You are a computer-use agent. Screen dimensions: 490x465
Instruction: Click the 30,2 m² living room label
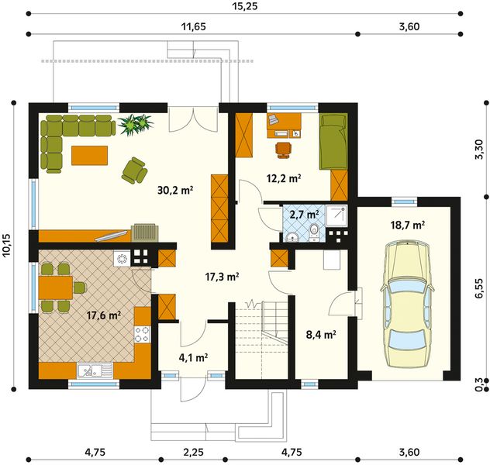coord(175,190)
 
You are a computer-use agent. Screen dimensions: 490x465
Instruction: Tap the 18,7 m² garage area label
coord(408,225)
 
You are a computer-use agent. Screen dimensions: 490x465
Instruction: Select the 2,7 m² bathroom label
coord(304,215)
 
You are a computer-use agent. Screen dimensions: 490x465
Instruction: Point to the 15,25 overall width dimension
coord(245,6)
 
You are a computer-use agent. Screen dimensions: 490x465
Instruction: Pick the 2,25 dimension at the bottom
coord(193,452)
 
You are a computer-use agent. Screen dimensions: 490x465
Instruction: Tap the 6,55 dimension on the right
coord(479,288)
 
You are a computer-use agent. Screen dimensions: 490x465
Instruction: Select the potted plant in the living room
coord(136,124)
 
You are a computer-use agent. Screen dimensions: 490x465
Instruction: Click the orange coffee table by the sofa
coord(89,155)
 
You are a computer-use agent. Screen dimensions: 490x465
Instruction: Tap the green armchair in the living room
coord(134,170)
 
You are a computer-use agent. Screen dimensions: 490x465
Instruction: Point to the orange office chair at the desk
coord(284,150)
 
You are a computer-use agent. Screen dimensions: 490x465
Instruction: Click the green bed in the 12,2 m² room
coord(333,142)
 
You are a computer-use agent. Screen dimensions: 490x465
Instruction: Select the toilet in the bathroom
coord(313,232)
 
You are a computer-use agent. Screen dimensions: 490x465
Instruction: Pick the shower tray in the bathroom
coord(336,215)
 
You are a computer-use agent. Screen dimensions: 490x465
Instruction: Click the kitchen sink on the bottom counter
coord(95,370)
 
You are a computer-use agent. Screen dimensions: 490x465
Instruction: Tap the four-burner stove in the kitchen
coord(142,335)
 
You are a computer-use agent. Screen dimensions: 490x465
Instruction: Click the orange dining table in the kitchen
coord(56,288)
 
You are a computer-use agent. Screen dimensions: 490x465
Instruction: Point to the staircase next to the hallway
coord(261,339)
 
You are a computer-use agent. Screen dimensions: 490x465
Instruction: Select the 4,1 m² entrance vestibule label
coord(193,357)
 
